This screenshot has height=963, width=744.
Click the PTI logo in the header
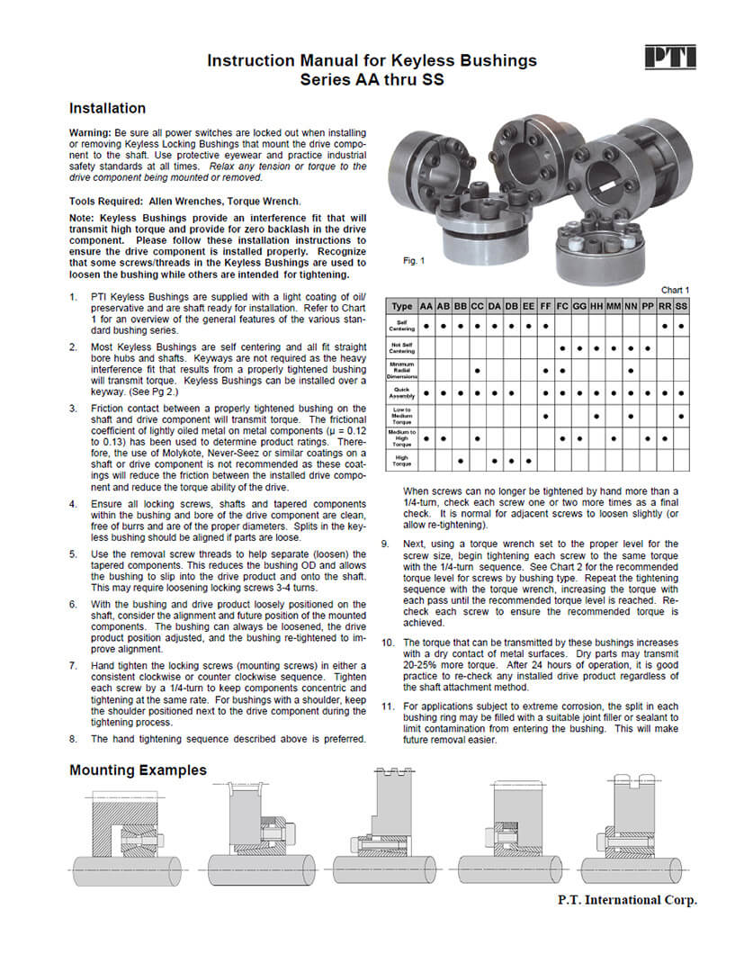tap(670, 58)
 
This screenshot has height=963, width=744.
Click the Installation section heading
tap(107, 108)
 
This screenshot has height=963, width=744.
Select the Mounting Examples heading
tap(138, 769)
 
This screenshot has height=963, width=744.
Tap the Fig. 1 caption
tap(414, 261)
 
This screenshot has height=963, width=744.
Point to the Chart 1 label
tap(675, 290)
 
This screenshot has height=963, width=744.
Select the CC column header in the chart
tap(477, 306)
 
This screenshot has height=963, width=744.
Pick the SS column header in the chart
tap(682, 306)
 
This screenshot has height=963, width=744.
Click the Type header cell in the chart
tap(402, 306)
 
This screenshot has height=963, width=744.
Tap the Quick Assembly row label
tap(402, 392)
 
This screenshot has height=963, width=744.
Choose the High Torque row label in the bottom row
tap(402, 462)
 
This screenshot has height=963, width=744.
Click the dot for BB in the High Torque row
tap(460, 462)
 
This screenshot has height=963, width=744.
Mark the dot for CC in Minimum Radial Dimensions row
tap(477, 370)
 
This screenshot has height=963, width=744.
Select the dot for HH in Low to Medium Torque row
tap(596, 416)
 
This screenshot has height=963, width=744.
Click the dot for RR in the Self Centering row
tap(665, 325)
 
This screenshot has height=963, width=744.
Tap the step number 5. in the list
tap(74, 553)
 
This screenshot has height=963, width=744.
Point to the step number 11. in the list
tap(388, 706)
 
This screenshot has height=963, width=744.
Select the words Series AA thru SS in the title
tap(372, 79)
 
